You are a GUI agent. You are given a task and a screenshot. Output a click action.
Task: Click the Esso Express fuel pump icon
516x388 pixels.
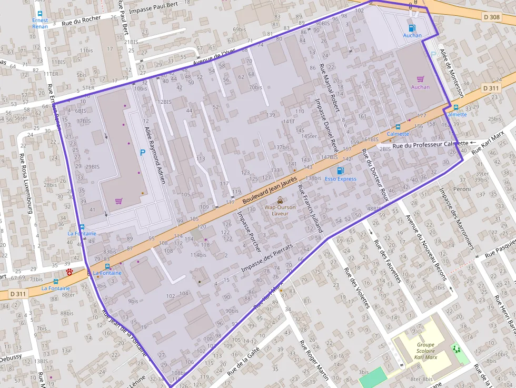[x=340, y=170]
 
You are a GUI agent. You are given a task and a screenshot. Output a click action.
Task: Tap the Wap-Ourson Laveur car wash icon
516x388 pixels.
[x=280, y=200]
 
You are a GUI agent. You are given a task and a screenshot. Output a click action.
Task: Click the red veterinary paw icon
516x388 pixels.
[x=70, y=272]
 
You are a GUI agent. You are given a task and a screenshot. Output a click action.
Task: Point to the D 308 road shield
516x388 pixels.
[x=492, y=17]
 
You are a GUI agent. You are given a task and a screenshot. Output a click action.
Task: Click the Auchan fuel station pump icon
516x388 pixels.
[x=411, y=27]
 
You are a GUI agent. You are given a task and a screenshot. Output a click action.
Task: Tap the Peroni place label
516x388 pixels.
[x=462, y=188]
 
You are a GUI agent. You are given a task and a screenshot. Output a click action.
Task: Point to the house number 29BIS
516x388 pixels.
[x=92, y=166]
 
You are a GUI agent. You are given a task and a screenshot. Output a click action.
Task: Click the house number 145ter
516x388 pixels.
[x=309, y=136]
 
